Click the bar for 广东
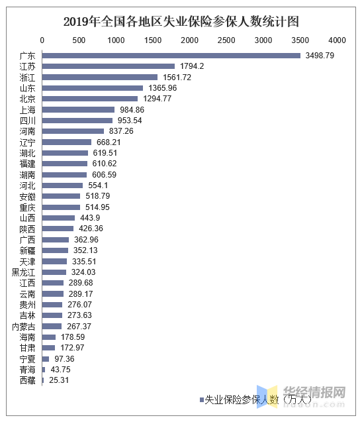coord(171,56)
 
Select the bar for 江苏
coord(109,66)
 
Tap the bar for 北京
coord(90,99)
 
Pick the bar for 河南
coord(73,131)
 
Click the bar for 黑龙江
coord(54,272)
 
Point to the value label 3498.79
coord(320,56)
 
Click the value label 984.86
coord(132,110)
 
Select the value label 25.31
coord(59,380)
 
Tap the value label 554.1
coord(98,185)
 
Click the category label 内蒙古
coord(24,327)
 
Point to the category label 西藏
coord(27,380)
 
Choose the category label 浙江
coord(27,78)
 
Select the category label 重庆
coord(27,208)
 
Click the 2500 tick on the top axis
coord(226,40)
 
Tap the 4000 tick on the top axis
coord(337,40)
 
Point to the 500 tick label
coord(79,40)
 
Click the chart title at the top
coord(181,22)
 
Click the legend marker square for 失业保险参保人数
coord(202,400)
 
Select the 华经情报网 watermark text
coord(314,392)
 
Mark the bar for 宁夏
coord(46,359)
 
